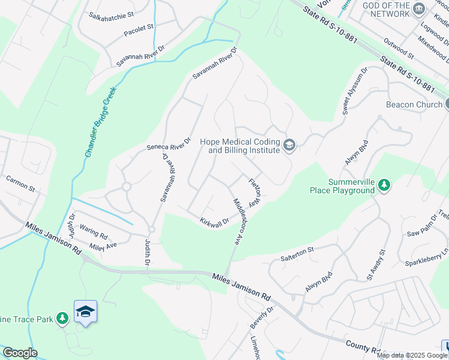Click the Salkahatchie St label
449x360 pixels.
(x=111, y=14)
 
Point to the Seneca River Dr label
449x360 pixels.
(x=169, y=144)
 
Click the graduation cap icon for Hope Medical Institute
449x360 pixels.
(x=289, y=145)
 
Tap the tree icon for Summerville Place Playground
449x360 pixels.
(x=384, y=186)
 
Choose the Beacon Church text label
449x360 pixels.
(x=414, y=104)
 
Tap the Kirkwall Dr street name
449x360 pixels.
(x=215, y=221)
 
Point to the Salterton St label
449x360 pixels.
(x=297, y=253)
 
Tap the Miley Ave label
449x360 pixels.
(x=103, y=246)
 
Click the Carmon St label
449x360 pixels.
(x=20, y=184)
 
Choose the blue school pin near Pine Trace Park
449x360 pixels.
(x=85, y=311)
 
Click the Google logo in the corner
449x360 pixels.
(x=19, y=353)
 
